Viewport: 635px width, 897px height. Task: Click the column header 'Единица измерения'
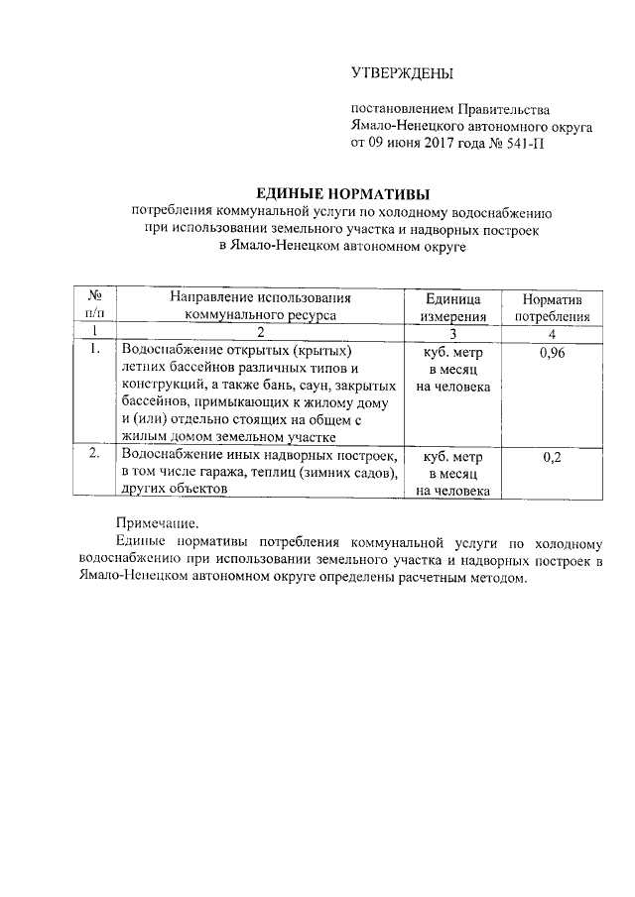point(452,307)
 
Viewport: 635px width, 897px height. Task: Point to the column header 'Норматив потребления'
point(553,307)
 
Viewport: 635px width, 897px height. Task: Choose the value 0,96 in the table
point(553,352)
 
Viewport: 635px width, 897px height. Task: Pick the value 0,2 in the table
point(553,457)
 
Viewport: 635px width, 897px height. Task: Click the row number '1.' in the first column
point(95,350)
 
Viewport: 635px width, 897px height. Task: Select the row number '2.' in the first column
point(95,455)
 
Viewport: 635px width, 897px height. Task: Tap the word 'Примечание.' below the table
point(156,523)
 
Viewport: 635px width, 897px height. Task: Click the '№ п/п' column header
point(96,307)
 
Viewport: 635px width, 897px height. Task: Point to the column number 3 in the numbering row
point(452,332)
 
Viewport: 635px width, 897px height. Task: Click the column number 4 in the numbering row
point(553,332)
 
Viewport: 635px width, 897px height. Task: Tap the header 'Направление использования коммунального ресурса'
point(260,307)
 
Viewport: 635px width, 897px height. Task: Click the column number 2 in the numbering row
point(260,332)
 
